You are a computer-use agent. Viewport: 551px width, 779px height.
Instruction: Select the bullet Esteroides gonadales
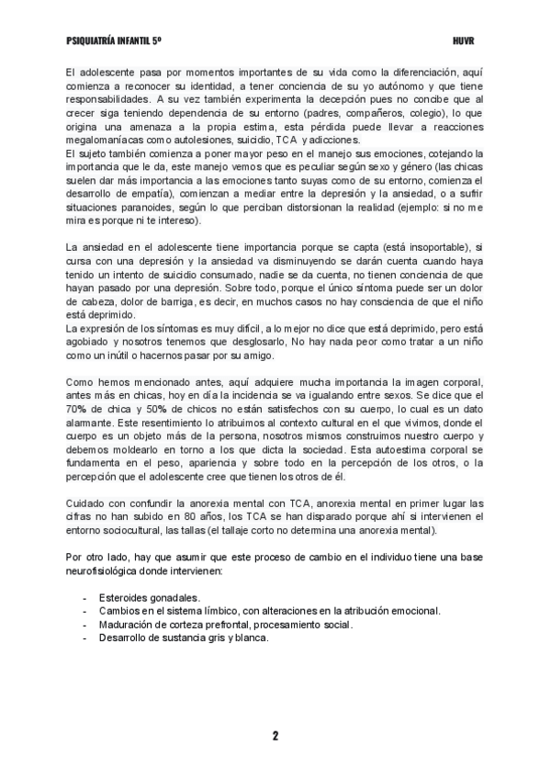(150, 597)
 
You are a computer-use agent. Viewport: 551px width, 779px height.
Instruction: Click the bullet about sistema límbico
(270, 610)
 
